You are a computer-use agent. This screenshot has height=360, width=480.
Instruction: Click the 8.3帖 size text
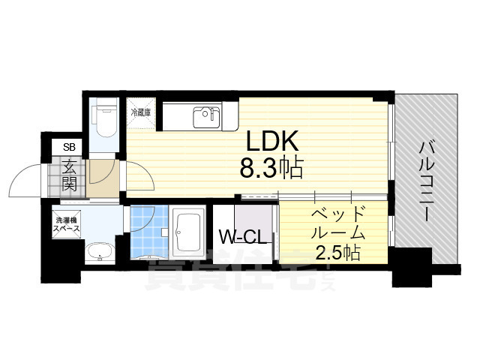[x=271, y=169]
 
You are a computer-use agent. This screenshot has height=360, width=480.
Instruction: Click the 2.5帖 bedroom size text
[x=337, y=253]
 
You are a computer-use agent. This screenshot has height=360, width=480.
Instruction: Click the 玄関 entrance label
[x=69, y=176]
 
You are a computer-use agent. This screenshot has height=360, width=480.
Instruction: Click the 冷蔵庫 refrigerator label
[x=141, y=112]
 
